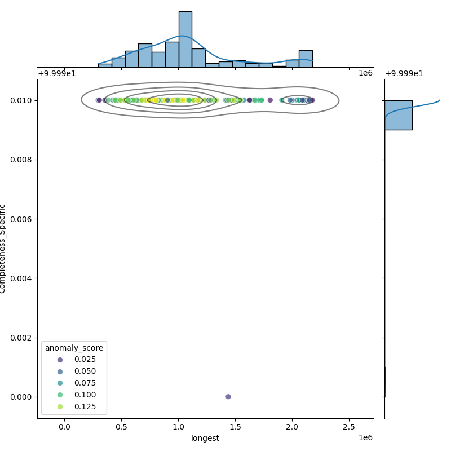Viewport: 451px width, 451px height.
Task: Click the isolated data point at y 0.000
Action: click(228, 396)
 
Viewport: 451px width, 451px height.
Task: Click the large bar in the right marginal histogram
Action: click(398, 115)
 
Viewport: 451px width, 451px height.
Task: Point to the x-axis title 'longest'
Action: click(205, 438)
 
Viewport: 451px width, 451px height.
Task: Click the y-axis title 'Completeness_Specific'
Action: click(3, 249)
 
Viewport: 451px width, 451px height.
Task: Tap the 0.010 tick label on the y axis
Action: click(22, 100)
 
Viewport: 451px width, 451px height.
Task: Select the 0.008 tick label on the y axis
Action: click(22, 160)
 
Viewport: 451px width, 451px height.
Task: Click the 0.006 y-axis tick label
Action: click(22, 219)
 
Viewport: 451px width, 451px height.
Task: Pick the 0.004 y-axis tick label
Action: click(22, 278)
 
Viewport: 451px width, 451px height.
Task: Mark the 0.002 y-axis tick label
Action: click(22, 338)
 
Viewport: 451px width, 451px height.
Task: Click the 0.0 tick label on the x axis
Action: click(64, 427)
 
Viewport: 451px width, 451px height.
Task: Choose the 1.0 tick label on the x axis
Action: click(178, 427)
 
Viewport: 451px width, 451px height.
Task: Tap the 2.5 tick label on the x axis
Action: click(349, 427)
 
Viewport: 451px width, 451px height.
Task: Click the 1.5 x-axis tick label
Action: click(235, 427)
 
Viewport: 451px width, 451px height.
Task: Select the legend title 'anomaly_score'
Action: click(74, 348)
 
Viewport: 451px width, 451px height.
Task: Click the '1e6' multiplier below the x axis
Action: click(365, 438)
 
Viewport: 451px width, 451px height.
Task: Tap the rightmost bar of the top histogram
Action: click(306, 59)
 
